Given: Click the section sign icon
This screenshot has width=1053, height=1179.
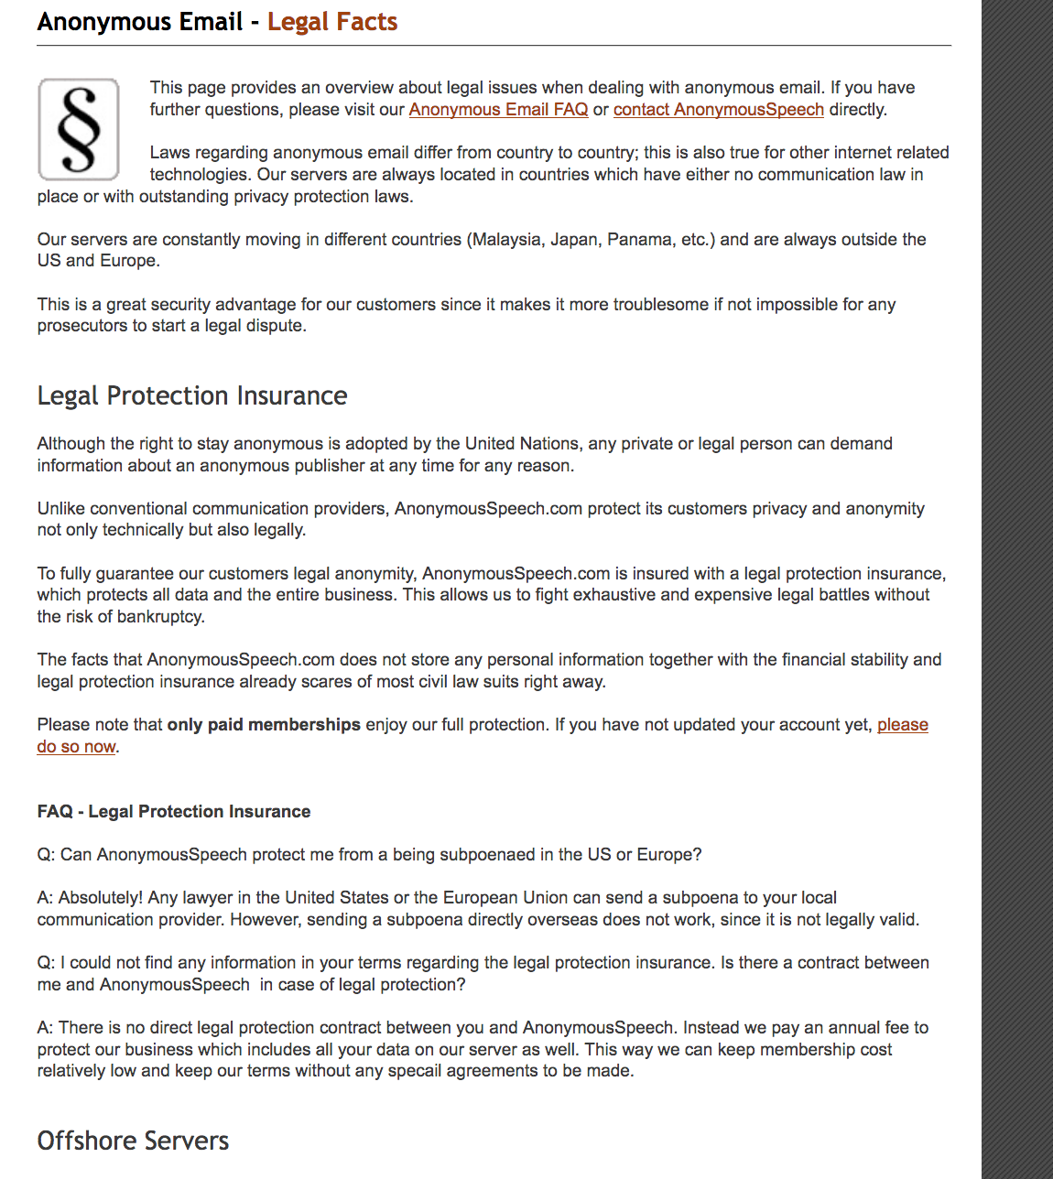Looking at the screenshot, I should pyautogui.click(x=79, y=129).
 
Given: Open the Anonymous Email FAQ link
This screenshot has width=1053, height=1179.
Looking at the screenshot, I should pyautogui.click(x=498, y=110).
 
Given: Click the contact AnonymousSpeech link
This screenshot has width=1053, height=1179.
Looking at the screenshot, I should pyautogui.click(x=718, y=110).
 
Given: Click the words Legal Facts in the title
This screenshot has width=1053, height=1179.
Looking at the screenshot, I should pyautogui.click(x=332, y=22).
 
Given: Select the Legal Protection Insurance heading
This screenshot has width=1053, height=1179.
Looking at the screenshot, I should pyautogui.click(x=192, y=395).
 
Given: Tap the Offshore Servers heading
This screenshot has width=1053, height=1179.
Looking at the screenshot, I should pyautogui.click(x=133, y=1141).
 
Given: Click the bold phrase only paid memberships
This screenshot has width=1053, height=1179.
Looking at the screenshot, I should pyautogui.click(x=264, y=725).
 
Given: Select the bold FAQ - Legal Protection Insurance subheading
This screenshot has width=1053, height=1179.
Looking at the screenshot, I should pyautogui.click(x=174, y=812).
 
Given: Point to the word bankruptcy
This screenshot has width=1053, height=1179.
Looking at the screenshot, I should pyautogui.click(x=160, y=617).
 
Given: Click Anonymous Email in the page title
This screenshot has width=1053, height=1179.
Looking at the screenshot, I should pyautogui.click(x=140, y=22).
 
